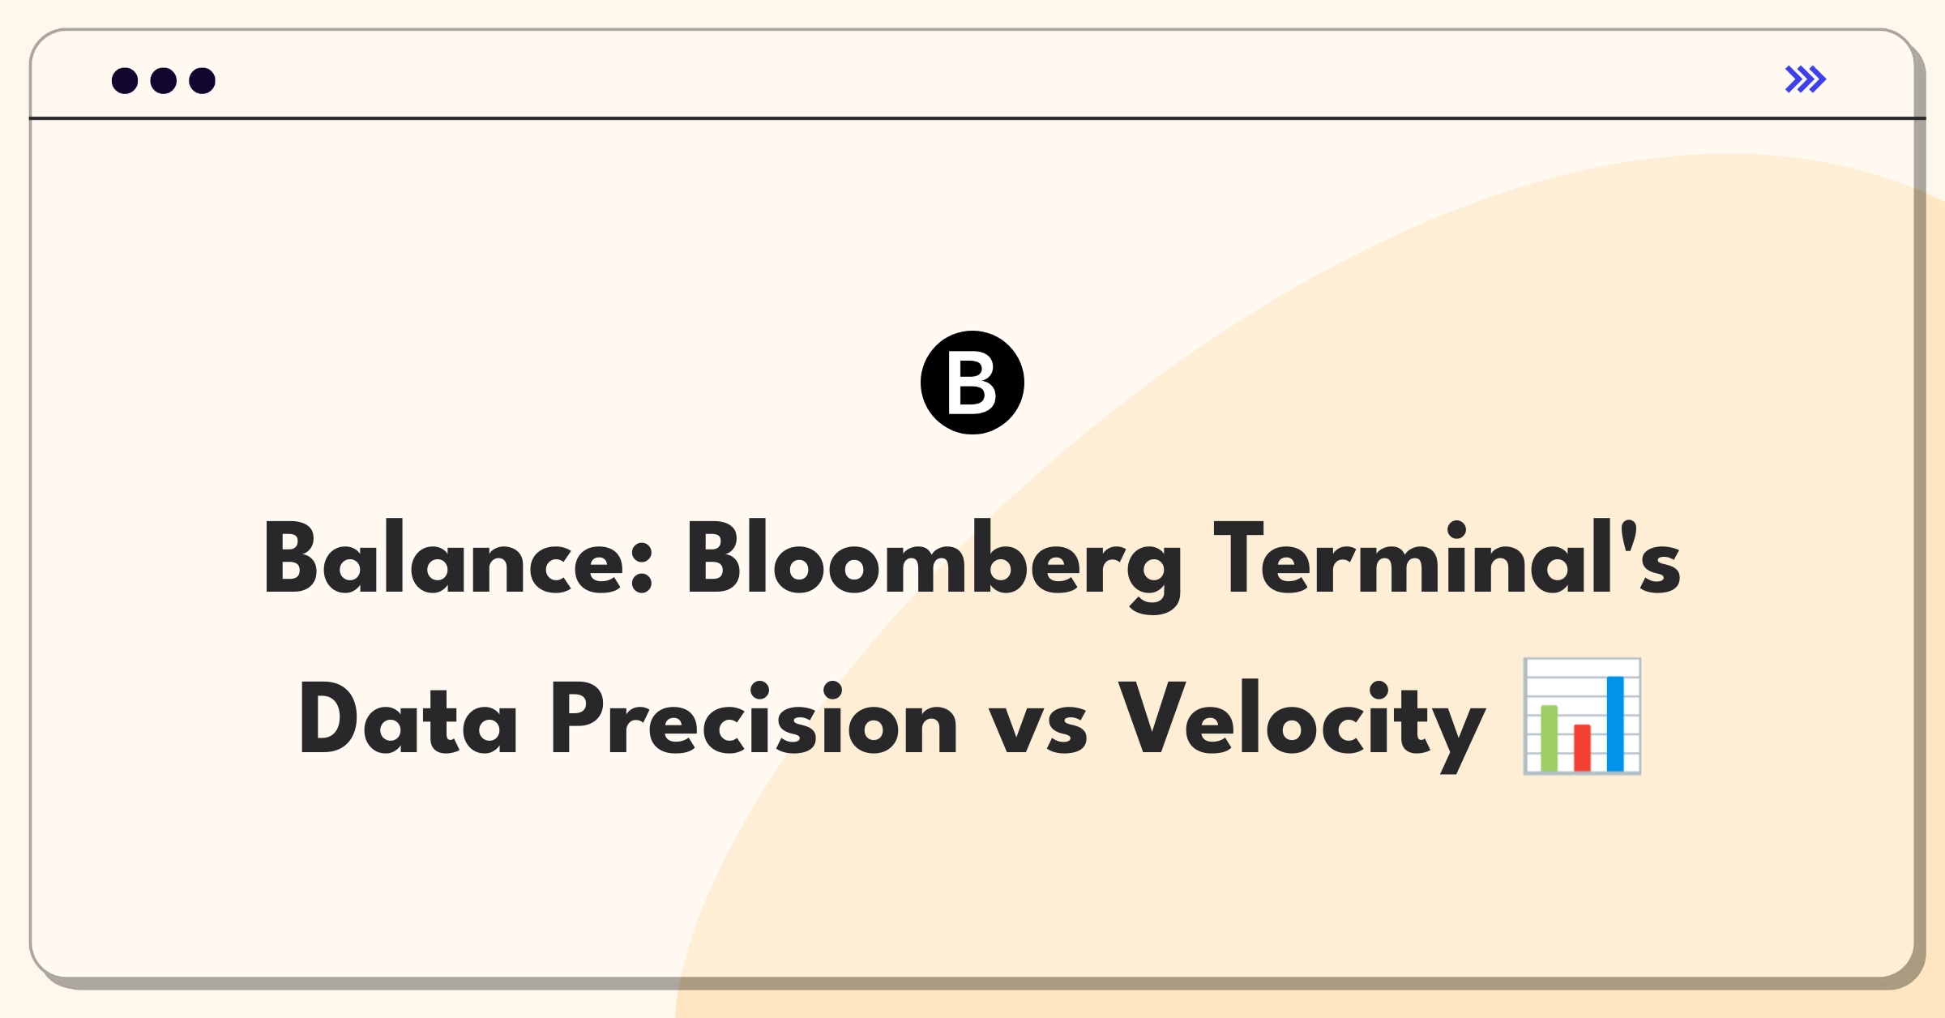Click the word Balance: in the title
tap(458, 557)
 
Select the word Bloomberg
tap(934, 566)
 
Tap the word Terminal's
tap(1447, 557)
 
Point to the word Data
tap(408, 718)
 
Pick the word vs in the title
tap(1038, 727)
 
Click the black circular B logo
tap(972, 383)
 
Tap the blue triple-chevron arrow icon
tap(1806, 79)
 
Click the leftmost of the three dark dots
tap(125, 80)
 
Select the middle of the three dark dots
tap(164, 80)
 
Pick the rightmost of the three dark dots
tap(203, 80)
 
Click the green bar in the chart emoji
tap(1549, 738)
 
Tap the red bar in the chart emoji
tap(1582, 748)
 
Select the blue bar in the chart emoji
tap(1615, 724)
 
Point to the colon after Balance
tap(641, 567)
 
